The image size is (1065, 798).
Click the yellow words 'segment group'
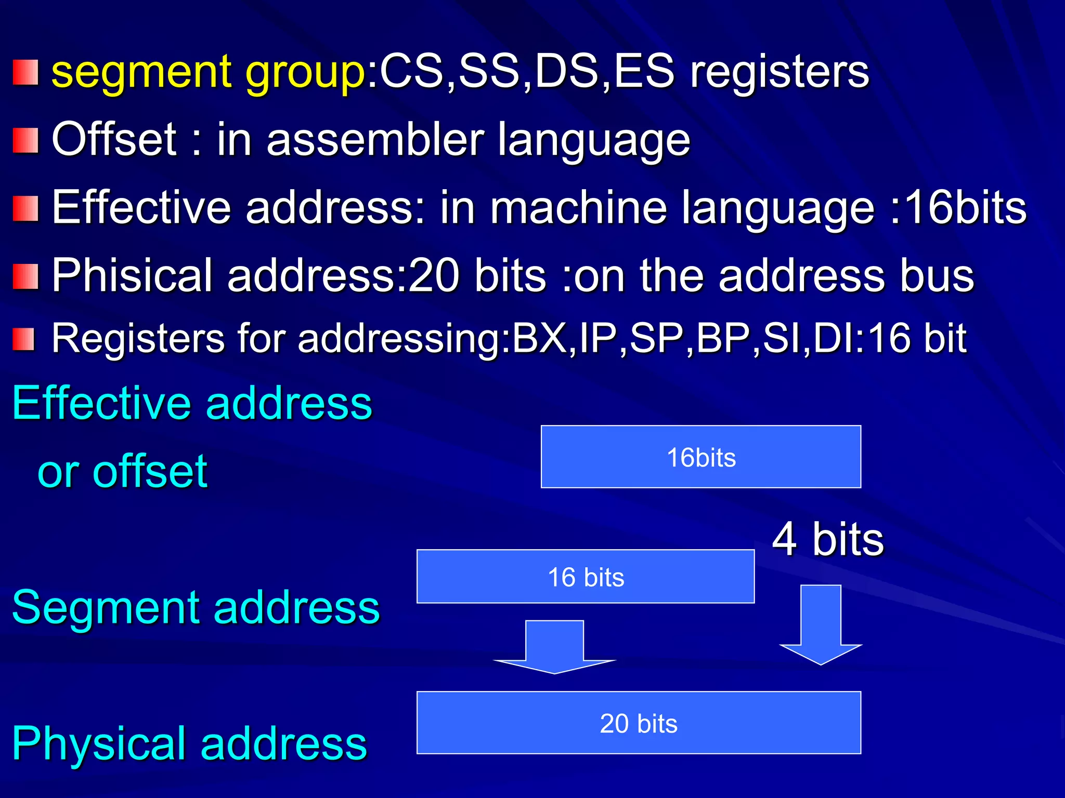coord(208,73)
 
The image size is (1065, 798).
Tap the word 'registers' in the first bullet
coord(779,73)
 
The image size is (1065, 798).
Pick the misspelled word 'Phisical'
coord(133,275)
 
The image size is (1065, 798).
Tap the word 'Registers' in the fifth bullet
coord(138,339)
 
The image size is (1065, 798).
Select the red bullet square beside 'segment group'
coord(25,72)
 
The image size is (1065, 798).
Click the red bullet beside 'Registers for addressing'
coord(23,339)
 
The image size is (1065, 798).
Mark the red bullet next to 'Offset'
coord(25,141)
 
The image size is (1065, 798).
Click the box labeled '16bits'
coord(700,457)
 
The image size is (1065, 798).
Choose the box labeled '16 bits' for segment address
coord(586,576)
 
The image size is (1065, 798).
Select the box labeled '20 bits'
coord(639,722)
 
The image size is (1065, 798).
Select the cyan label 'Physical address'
coord(189,743)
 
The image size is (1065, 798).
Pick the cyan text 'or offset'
coord(123,471)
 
